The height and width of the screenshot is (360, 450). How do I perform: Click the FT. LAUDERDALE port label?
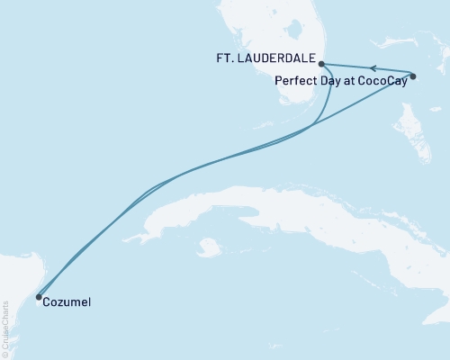[276, 61]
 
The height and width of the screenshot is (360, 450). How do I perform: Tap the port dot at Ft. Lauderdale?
[322, 64]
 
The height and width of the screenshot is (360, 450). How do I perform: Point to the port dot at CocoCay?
[413, 76]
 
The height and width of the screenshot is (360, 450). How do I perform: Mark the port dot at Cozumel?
[38, 296]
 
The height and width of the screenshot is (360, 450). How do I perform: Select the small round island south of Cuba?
[209, 246]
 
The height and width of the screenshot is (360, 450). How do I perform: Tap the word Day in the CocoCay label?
[327, 79]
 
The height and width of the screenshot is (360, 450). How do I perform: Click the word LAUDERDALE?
[286, 61]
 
